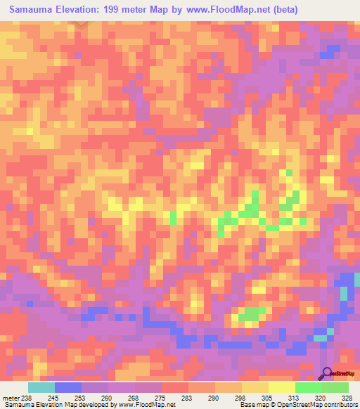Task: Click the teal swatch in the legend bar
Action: click(x=41, y=387)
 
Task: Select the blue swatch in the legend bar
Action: click(x=68, y=387)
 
